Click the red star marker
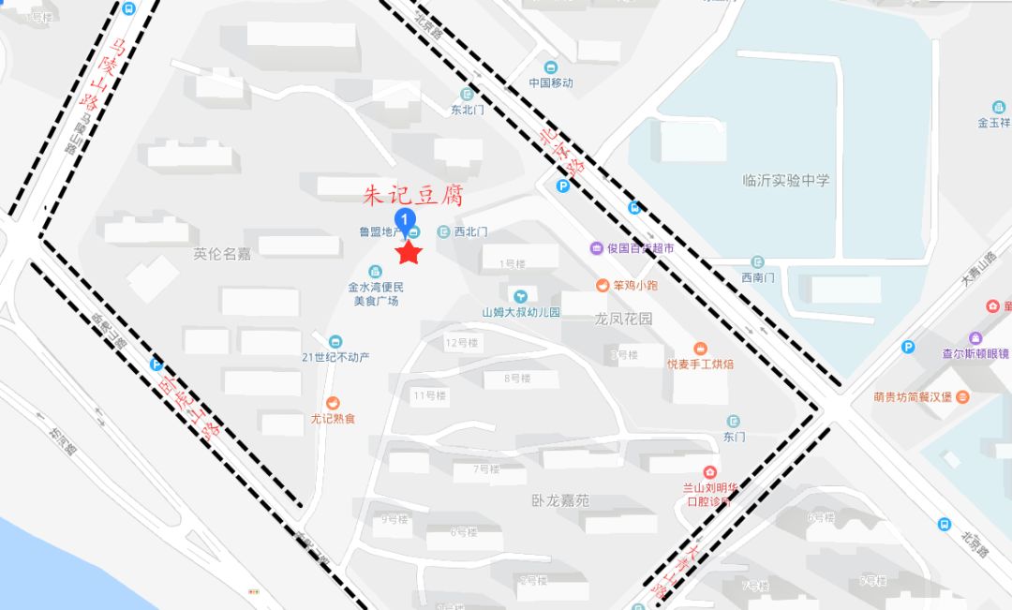[x=409, y=252]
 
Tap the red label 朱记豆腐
[x=413, y=196]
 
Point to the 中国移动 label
[x=550, y=82]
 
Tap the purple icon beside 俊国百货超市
[x=596, y=248]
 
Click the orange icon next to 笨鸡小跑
[x=602, y=285]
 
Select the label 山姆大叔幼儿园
[x=521, y=312]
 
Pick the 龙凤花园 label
[x=623, y=319]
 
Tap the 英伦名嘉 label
[x=222, y=253]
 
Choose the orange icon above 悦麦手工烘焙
[x=700, y=349]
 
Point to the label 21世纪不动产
[x=335, y=357]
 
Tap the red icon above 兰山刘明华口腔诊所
[x=710, y=471]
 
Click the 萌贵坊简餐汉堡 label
[x=912, y=396]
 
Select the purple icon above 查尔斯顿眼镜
[x=975, y=337]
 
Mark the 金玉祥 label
[x=994, y=123]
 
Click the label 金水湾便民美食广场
[x=376, y=293]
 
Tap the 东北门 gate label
[x=468, y=110]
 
